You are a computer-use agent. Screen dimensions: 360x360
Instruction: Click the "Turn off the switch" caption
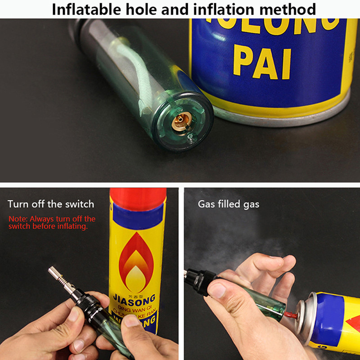tap(51, 204)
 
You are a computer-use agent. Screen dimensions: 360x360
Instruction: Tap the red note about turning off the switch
tap(52, 223)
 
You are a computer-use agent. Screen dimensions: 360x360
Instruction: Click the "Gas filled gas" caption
tap(229, 204)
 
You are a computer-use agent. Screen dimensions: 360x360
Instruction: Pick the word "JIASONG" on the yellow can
tap(134, 298)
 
